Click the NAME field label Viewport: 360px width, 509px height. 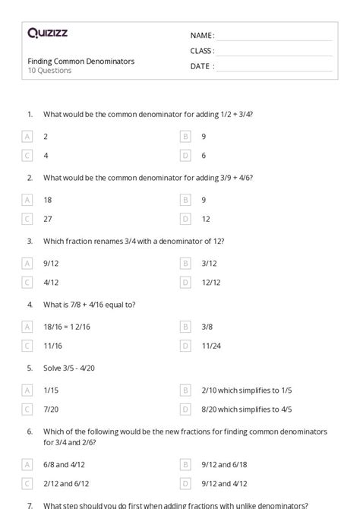click(x=202, y=36)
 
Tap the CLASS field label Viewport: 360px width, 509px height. click(x=202, y=51)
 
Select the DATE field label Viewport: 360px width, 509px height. click(x=201, y=66)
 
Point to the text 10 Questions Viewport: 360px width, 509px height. click(x=49, y=71)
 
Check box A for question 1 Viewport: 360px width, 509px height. click(x=28, y=136)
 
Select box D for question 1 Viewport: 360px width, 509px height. click(x=185, y=155)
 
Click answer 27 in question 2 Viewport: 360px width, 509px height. click(x=49, y=219)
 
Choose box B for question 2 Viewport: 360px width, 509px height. click(x=185, y=200)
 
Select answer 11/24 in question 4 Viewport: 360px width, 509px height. click(x=210, y=346)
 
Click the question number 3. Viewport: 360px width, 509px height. click(x=30, y=241)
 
